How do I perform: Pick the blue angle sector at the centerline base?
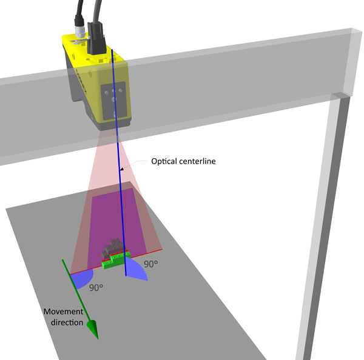[x=137, y=271]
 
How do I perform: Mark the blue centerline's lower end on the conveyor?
[x=126, y=276]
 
